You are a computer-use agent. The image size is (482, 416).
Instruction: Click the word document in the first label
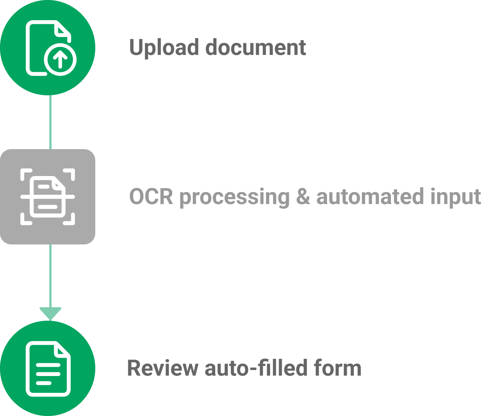(x=256, y=47)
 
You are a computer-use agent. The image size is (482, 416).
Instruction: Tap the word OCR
(x=151, y=197)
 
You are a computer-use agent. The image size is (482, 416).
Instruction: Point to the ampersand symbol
(x=303, y=197)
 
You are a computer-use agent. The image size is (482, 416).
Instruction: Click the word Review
(x=163, y=368)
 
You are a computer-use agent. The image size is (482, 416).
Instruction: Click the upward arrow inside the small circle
(x=60, y=60)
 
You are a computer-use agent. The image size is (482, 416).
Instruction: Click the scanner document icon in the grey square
(x=47, y=197)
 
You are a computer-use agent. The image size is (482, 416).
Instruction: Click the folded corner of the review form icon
(x=63, y=351)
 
